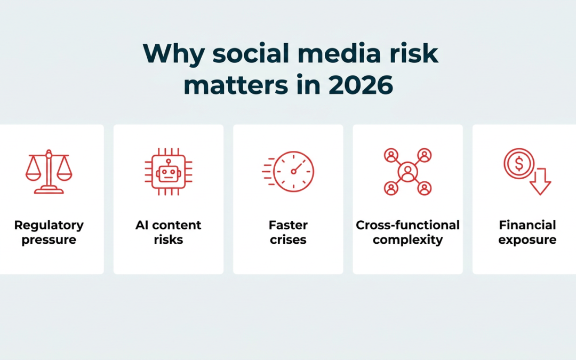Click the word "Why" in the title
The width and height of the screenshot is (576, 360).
pos(174,54)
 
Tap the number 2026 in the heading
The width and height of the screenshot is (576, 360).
pos(361,85)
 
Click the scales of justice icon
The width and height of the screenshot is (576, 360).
pos(49,172)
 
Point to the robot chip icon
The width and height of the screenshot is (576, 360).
pos(169,172)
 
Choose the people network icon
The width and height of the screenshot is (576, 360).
pos(408,172)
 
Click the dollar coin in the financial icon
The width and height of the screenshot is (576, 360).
pos(519,164)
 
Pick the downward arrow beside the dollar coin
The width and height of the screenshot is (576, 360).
pos(540,181)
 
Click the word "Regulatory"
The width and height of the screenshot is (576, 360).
pos(49,225)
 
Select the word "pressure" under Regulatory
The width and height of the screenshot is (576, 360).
pos(49,240)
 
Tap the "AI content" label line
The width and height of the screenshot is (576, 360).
pos(168,225)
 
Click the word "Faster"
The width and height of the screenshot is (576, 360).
pos(288,225)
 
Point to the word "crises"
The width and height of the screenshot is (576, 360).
pos(288,239)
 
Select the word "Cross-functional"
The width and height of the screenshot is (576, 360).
pos(408,225)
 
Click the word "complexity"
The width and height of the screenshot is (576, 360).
pos(408,240)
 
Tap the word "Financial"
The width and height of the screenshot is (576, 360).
pos(527,225)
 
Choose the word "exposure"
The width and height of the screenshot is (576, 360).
pos(527,240)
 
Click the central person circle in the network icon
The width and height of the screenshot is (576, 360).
pos(408,172)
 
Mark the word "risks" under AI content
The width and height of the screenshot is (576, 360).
pos(168,239)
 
